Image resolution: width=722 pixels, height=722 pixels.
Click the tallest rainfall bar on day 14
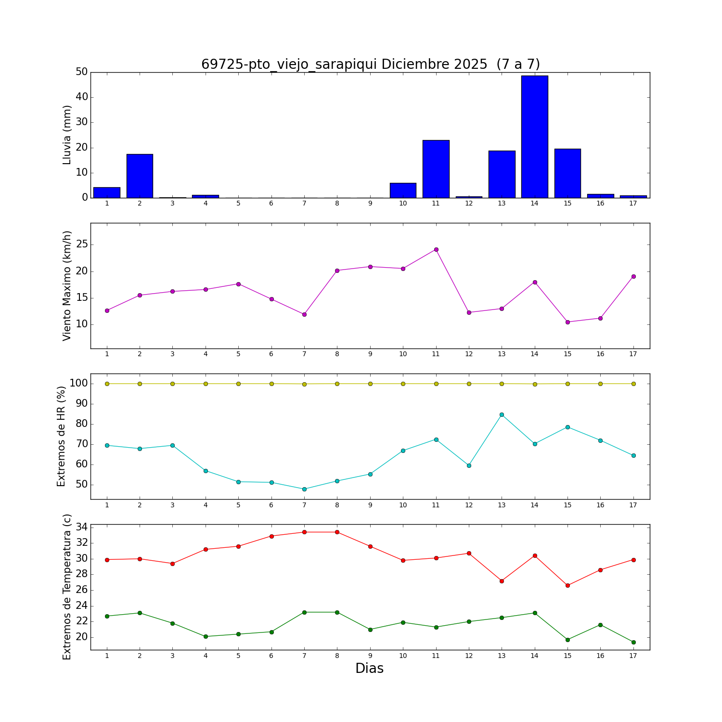click(x=534, y=137)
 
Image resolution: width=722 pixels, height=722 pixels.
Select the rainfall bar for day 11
click(x=436, y=169)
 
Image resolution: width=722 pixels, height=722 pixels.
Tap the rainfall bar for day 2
click(x=140, y=176)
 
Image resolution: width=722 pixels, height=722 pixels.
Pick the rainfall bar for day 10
click(x=403, y=191)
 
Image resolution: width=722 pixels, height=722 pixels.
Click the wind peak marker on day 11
click(x=436, y=249)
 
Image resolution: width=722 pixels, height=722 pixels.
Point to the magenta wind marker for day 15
click(x=567, y=322)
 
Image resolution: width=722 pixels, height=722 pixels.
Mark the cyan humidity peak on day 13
click(x=502, y=414)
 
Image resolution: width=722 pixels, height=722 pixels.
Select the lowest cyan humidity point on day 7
click(x=304, y=489)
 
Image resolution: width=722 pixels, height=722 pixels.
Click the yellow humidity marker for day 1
click(x=107, y=384)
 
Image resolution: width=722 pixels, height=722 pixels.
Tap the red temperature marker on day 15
click(x=567, y=585)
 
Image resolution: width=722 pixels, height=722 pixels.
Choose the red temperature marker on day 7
click(x=304, y=532)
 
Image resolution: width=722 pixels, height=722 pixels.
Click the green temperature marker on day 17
click(x=633, y=642)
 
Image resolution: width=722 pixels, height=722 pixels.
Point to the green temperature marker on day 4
click(x=206, y=636)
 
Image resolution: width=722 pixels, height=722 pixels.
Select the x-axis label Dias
click(x=369, y=669)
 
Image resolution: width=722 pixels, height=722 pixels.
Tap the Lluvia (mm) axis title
click(x=67, y=135)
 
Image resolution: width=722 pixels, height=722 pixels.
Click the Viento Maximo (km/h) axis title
click(x=67, y=285)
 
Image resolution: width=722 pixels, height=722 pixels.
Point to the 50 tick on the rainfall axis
click(x=81, y=72)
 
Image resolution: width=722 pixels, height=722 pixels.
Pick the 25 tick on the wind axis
click(x=81, y=245)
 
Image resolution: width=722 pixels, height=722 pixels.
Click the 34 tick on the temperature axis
click(x=81, y=527)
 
